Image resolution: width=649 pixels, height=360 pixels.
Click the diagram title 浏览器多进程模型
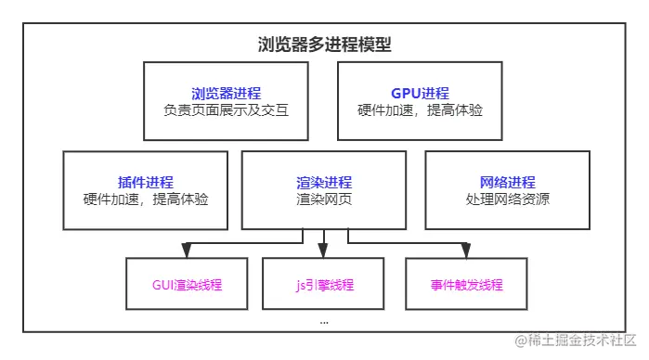pyautogui.click(x=324, y=44)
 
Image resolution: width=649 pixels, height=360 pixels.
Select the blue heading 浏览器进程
pyautogui.click(x=226, y=93)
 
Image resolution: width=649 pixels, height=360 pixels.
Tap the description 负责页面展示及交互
pyautogui.click(x=226, y=110)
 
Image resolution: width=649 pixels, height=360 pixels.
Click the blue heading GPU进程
pyautogui.click(x=420, y=93)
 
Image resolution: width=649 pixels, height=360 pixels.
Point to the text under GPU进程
pyautogui.click(x=420, y=110)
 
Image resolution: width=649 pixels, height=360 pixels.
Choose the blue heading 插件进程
pyautogui.click(x=146, y=182)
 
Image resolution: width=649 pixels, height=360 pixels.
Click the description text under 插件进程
pyautogui.click(x=146, y=199)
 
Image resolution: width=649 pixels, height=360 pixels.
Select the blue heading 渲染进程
pyautogui.click(x=324, y=182)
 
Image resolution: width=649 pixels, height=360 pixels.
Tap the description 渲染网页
pyautogui.click(x=324, y=199)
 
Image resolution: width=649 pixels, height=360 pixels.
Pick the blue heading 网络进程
pyautogui.click(x=508, y=182)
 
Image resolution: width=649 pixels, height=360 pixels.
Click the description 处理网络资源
pyautogui.click(x=508, y=199)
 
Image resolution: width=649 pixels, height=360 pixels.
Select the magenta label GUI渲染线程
pyautogui.click(x=187, y=285)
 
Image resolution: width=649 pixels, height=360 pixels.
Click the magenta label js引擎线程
pyautogui.click(x=322, y=285)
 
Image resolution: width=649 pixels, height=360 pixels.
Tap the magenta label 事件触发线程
pyautogui.click(x=467, y=285)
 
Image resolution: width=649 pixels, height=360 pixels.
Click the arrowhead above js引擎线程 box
pyautogui.click(x=323, y=250)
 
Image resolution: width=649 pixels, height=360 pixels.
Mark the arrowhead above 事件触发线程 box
pyautogui.click(x=466, y=250)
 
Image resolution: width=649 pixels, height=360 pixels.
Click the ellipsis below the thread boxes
pyautogui.click(x=323, y=321)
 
